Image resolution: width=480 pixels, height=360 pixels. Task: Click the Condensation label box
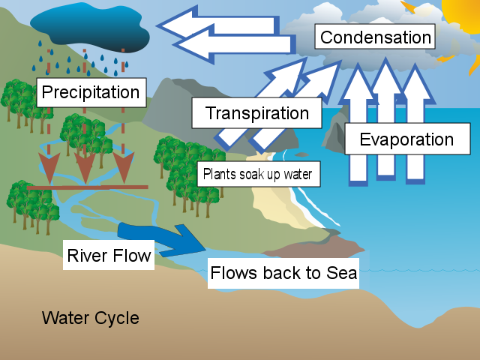(376, 37)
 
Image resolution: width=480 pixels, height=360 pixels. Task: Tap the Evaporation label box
(406, 139)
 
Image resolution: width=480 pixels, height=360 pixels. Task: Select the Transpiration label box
(256, 114)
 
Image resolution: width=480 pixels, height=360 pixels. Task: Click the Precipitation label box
(90, 92)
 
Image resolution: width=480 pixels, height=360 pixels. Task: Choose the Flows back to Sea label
(283, 273)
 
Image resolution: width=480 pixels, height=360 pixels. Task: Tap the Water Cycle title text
(90, 318)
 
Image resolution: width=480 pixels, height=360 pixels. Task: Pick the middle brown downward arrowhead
(85, 169)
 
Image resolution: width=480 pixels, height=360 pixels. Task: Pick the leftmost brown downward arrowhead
(49, 169)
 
